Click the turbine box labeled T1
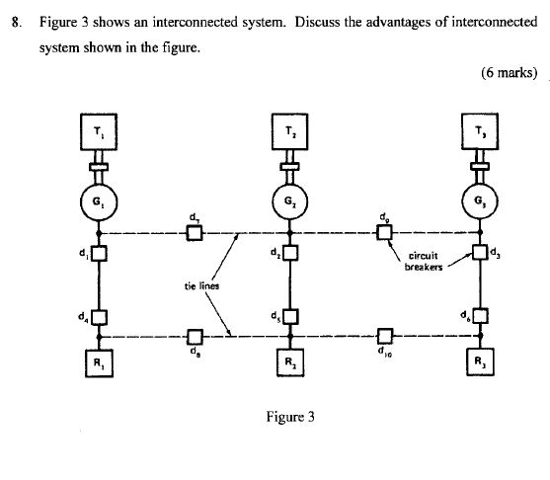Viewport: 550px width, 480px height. coord(97,132)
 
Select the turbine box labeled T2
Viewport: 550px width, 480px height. coord(289,132)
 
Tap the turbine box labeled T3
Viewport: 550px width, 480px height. coord(480,132)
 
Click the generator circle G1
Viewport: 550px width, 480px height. coord(97,201)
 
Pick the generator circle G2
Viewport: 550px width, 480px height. coord(289,201)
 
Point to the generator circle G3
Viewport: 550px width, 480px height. coord(480,201)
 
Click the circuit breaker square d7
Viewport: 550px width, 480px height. coord(195,234)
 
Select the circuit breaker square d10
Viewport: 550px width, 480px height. coord(385,336)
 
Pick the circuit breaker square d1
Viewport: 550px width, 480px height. coord(98,254)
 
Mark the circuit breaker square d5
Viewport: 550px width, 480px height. coord(289,318)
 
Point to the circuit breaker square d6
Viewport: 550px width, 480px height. coord(480,317)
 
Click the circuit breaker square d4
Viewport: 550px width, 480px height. coord(98,318)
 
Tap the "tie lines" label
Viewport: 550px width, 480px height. coord(201,286)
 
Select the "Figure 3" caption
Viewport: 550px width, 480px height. coord(289,416)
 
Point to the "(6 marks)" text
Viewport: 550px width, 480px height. coord(510,72)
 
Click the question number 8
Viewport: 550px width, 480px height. coord(16,22)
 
